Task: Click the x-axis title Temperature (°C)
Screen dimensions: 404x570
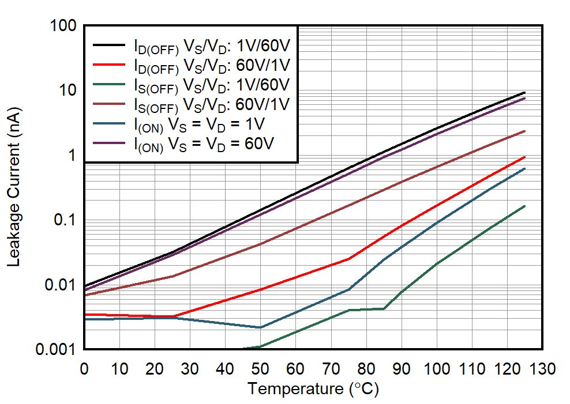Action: pyautogui.click(x=313, y=389)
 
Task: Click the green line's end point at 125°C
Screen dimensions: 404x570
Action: pyautogui.click(x=524, y=206)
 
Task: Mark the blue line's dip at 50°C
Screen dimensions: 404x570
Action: pyautogui.click(x=260, y=327)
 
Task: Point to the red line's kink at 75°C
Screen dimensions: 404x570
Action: pyautogui.click(x=348, y=259)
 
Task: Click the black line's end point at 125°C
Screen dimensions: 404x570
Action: pyautogui.click(x=524, y=92)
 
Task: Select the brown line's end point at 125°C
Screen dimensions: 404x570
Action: pyautogui.click(x=524, y=131)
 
